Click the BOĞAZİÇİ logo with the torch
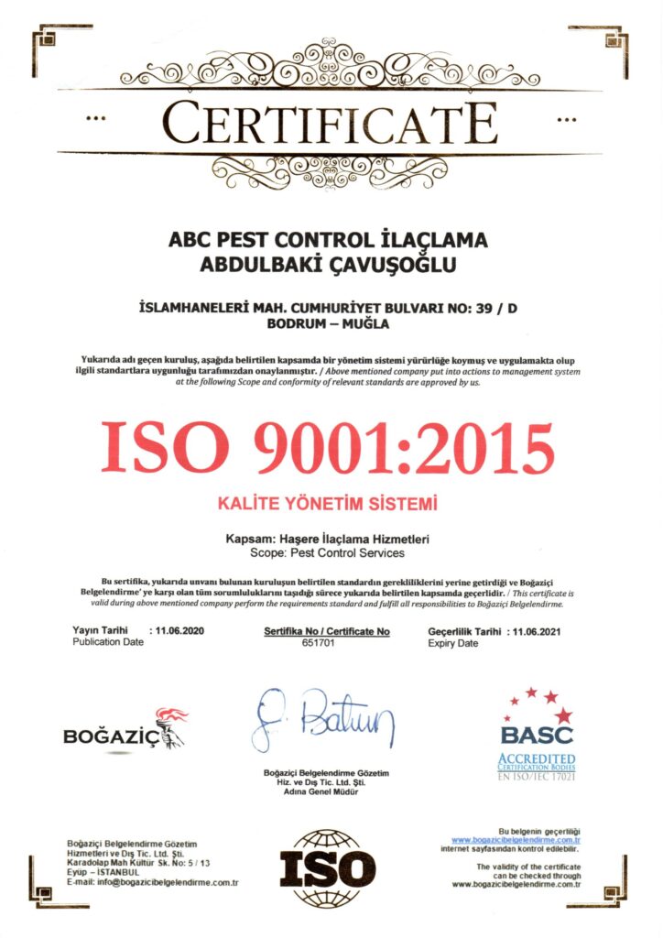tap(125, 729)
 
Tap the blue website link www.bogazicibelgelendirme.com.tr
tap(516, 839)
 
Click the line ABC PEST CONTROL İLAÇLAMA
tap(329, 242)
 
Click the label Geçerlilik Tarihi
tap(464, 631)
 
